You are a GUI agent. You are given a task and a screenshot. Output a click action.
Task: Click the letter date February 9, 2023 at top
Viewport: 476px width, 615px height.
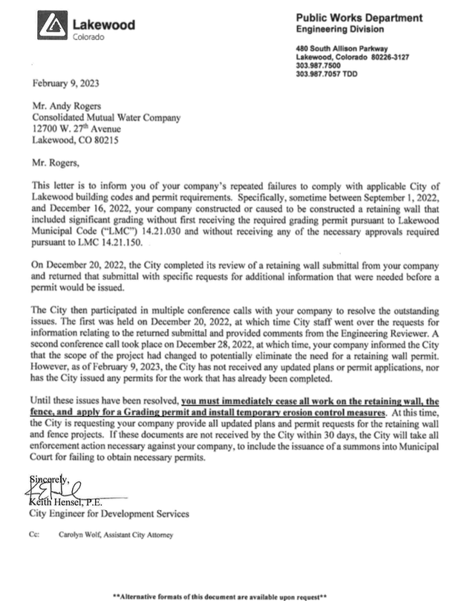click(x=65, y=83)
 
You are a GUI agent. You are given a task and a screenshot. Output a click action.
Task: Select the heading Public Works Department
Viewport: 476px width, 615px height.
click(x=359, y=18)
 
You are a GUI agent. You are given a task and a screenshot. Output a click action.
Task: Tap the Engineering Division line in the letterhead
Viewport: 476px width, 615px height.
click(x=339, y=30)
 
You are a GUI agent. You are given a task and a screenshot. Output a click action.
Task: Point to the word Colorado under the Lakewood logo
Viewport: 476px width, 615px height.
click(x=88, y=37)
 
